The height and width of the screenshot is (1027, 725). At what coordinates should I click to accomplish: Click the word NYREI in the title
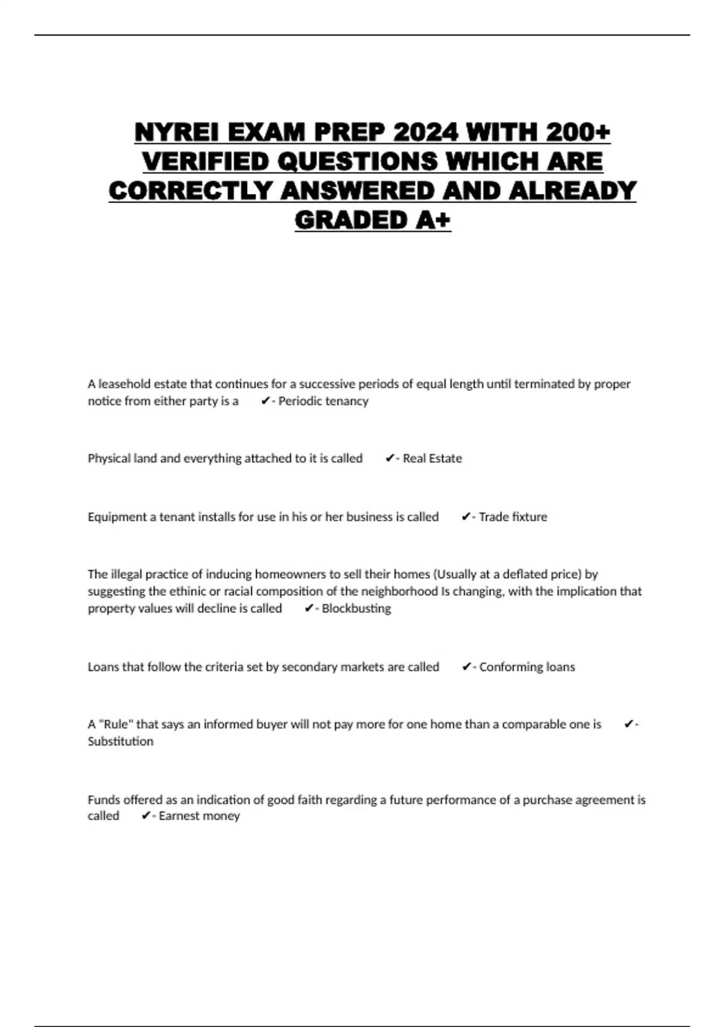(x=169, y=132)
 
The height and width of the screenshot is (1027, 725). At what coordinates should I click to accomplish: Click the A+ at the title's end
(x=433, y=221)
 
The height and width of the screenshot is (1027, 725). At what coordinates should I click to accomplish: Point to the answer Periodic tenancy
(x=323, y=401)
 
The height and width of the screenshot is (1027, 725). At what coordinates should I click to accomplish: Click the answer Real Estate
(x=432, y=459)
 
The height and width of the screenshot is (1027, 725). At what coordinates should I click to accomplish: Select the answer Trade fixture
(x=513, y=517)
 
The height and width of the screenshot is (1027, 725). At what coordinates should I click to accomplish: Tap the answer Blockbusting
(x=356, y=608)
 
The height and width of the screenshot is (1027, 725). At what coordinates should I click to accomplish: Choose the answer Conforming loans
(x=527, y=667)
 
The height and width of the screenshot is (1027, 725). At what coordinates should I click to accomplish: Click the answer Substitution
(x=120, y=741)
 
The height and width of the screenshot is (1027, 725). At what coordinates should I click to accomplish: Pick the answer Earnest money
(x=199, y=816)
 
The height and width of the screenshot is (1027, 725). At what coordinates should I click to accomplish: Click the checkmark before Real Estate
(x=390, y=459)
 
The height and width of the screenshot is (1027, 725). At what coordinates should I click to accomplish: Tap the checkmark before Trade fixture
(x=466, y=517)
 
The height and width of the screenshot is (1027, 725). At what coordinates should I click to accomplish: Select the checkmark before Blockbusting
(x=309, y=608)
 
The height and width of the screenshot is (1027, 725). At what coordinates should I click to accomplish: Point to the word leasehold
(x=124, y=384)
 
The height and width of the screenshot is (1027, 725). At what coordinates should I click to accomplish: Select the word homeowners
(x=291, y=575)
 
